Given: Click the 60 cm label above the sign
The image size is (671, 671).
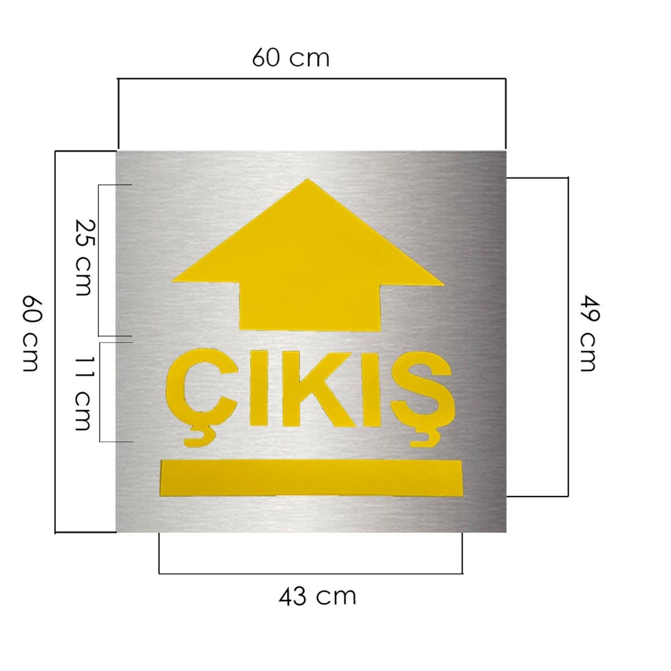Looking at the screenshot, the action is pos(290,58).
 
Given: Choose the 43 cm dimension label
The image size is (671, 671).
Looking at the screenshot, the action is pos(317,596).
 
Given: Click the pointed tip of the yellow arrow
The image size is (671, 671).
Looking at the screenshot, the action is pos(307,179).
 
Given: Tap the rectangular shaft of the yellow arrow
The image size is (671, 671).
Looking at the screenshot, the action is pos(310,306).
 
